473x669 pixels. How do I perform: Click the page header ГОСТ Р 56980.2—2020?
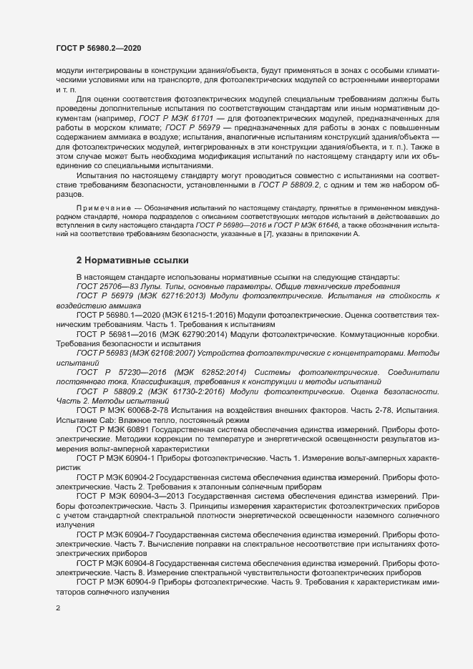[98, 48]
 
